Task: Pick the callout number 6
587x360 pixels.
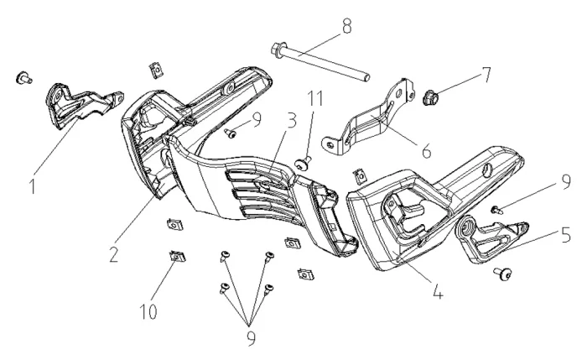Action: (426, 152)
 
